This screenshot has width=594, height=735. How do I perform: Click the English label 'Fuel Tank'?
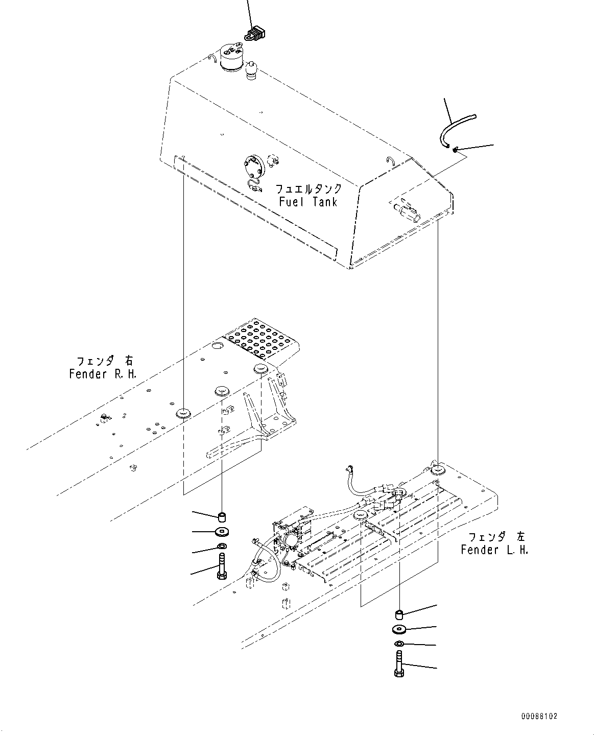[308, 202]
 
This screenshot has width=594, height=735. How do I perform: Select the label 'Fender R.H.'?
[103, 374]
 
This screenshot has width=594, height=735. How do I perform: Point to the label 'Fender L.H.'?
[494, 550]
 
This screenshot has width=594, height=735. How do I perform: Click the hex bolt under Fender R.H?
[222, 568]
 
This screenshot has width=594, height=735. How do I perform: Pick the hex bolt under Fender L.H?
[399, 664]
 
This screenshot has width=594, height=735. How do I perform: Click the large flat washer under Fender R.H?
[222, 532]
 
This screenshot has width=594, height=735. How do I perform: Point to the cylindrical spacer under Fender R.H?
[222, 514]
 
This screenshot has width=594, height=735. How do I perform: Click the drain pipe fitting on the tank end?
[407, 210]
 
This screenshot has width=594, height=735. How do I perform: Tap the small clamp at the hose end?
[454, 149]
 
